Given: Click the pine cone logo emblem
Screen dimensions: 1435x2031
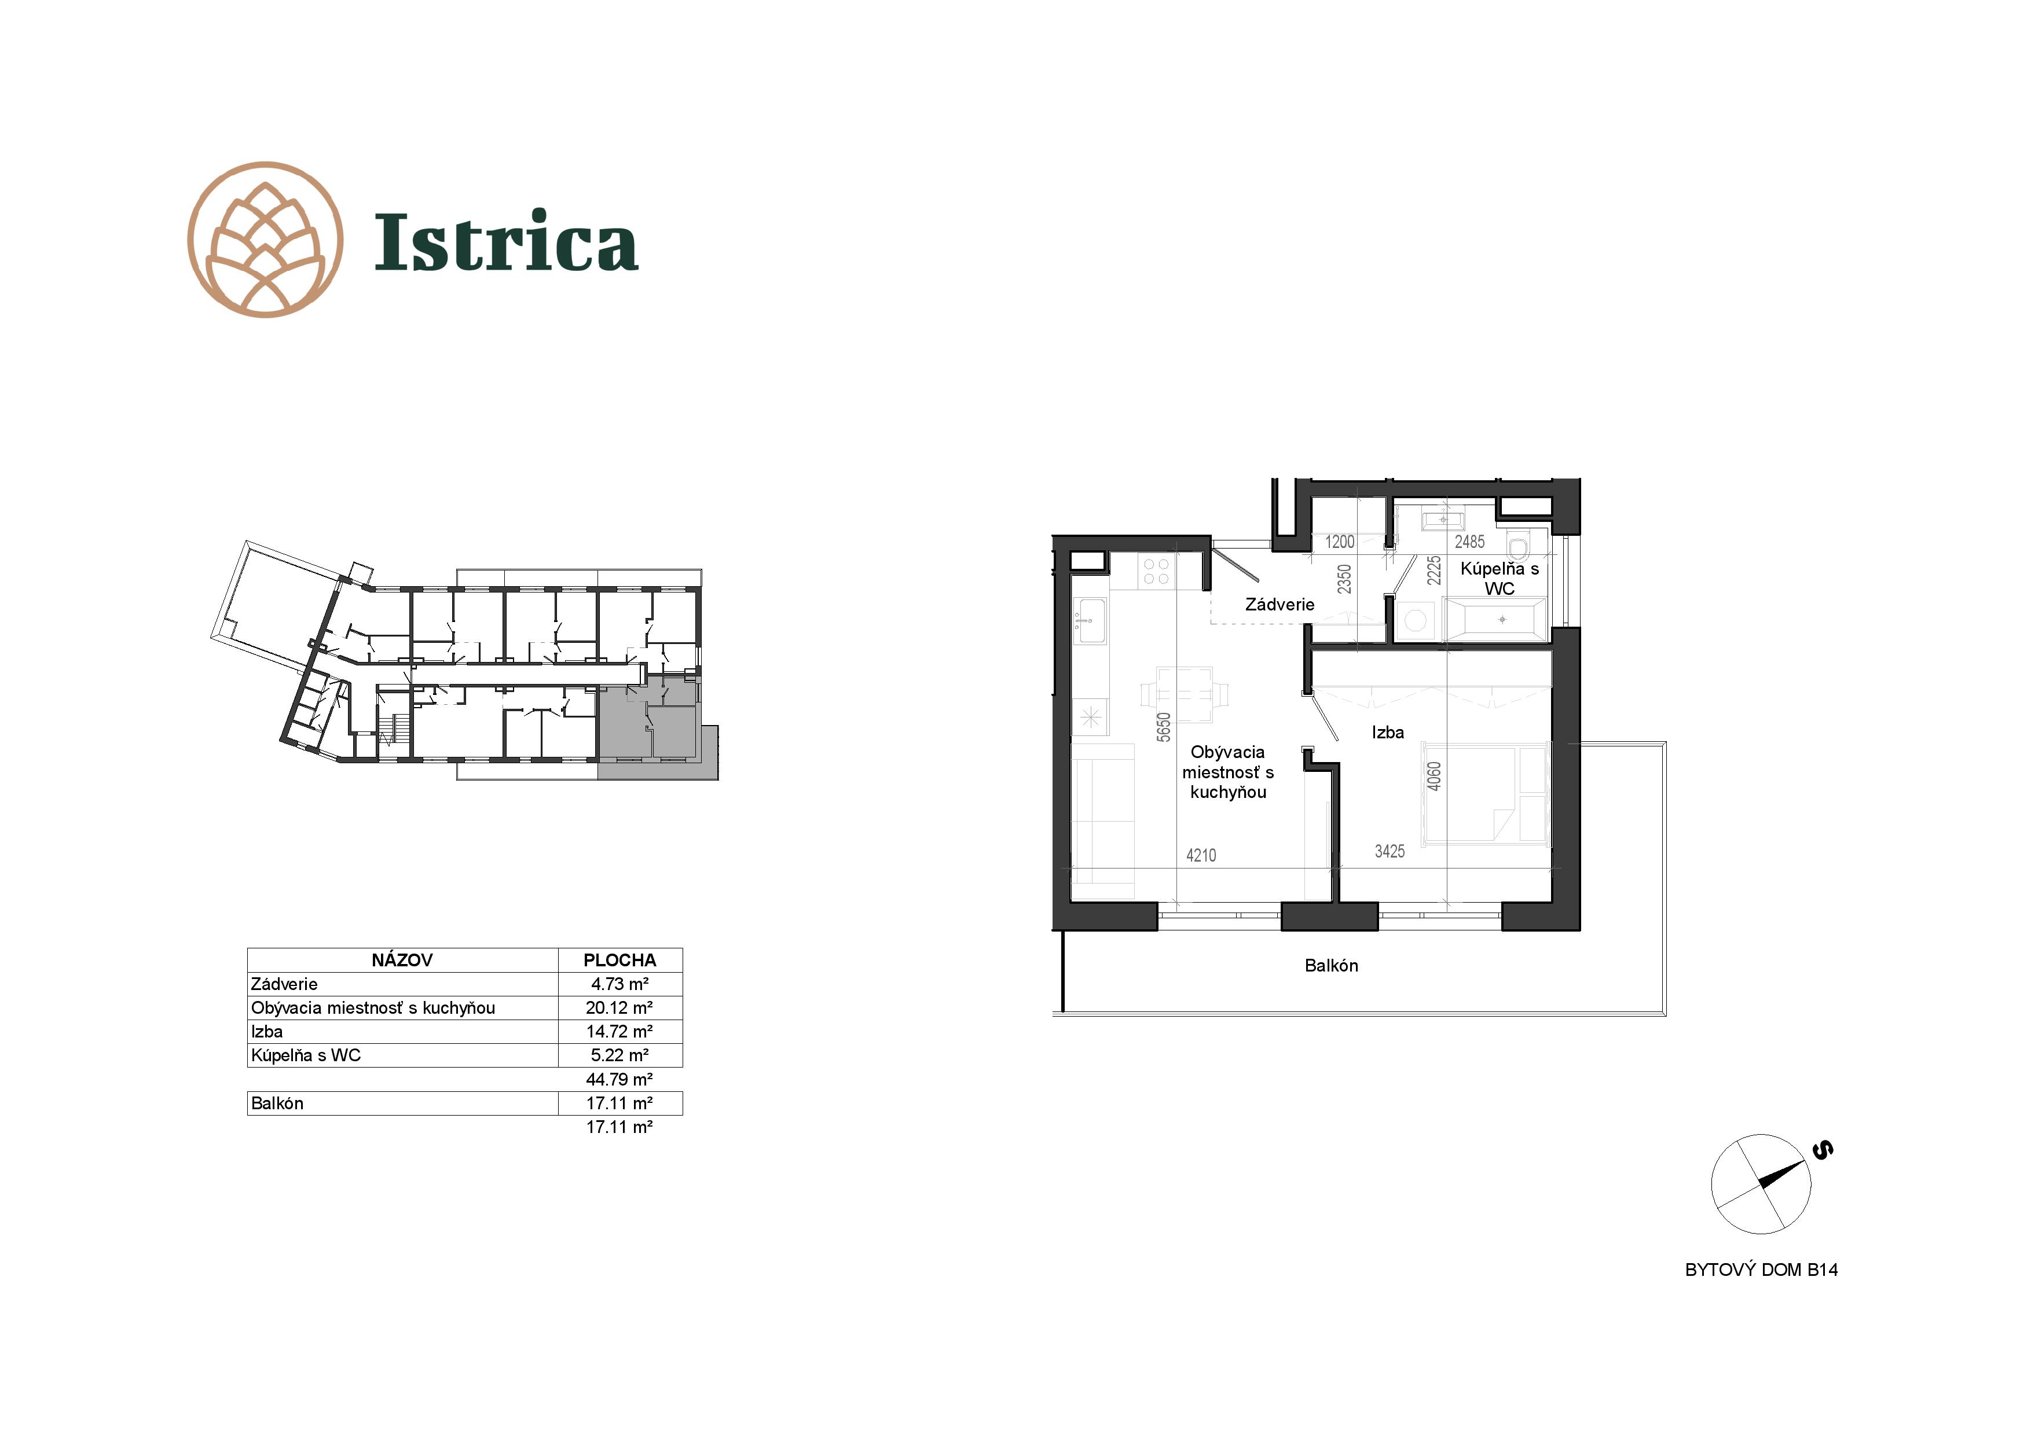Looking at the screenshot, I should (x=265, y=240).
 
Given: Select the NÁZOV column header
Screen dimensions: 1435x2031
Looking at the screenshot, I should (x=402, y=960).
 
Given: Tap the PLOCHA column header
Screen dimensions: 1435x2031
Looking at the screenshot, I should (x=619, y=960).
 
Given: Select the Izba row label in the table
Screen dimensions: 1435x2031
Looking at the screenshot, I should (x=267, y=1032).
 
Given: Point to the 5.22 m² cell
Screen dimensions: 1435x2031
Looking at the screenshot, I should (x=619, y=1055).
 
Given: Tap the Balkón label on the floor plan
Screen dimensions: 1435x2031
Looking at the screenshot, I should (x=1331, y=966).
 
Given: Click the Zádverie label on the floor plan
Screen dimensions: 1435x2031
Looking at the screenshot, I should (x=1279, y=605).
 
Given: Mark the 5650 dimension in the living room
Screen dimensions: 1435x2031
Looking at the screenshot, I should (x=1164, y=727).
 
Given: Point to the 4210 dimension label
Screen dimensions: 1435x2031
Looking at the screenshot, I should (x=1201, y=855).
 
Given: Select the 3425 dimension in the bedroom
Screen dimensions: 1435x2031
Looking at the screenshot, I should (x=1390, y=851).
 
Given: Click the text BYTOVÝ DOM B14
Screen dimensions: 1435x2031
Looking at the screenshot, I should (x=1761, y=1270).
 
